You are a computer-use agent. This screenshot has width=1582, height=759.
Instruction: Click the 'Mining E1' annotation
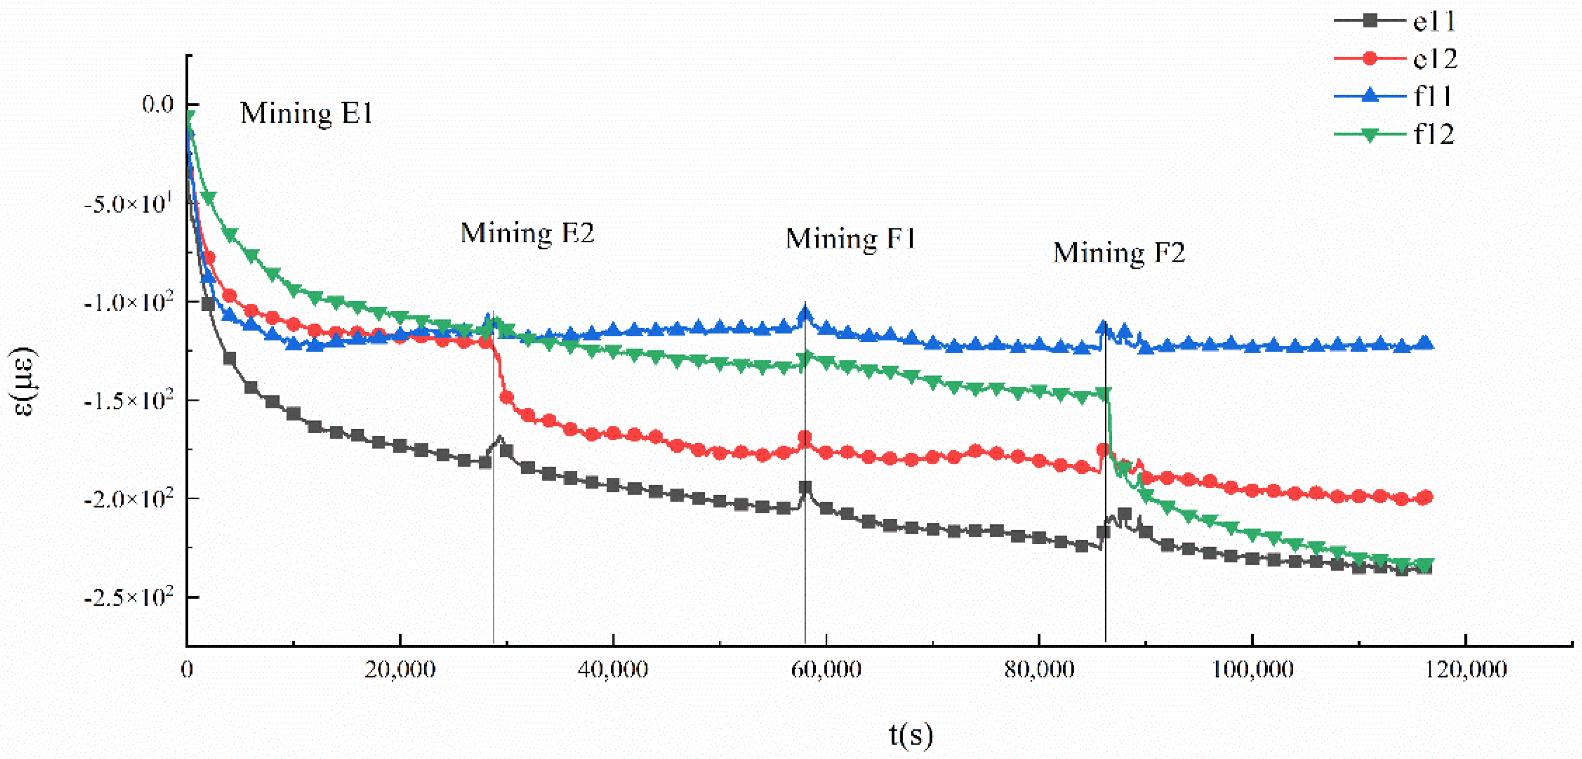[x=306, y=113]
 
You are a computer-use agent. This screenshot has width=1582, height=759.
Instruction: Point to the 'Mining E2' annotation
[x=527, y=233]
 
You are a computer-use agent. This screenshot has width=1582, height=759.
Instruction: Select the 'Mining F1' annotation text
[x=850, y=239]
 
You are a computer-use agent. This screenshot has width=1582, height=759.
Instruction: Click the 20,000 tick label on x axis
[x=400, y=669]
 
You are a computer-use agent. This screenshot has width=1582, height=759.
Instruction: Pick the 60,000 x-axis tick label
[x=826, y=669]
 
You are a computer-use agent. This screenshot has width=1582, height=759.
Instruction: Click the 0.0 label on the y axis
[x=158, y=104]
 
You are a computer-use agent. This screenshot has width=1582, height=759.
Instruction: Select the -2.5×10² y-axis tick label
[x=128, y=597]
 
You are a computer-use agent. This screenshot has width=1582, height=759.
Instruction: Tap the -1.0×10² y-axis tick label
[x=128, y=302]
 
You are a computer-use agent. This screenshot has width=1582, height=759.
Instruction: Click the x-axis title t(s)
[x=911, y=734]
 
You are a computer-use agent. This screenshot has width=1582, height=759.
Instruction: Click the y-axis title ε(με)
[x=25, y=381]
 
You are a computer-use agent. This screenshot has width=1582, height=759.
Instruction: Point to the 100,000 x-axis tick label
[x=1252, y=669]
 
